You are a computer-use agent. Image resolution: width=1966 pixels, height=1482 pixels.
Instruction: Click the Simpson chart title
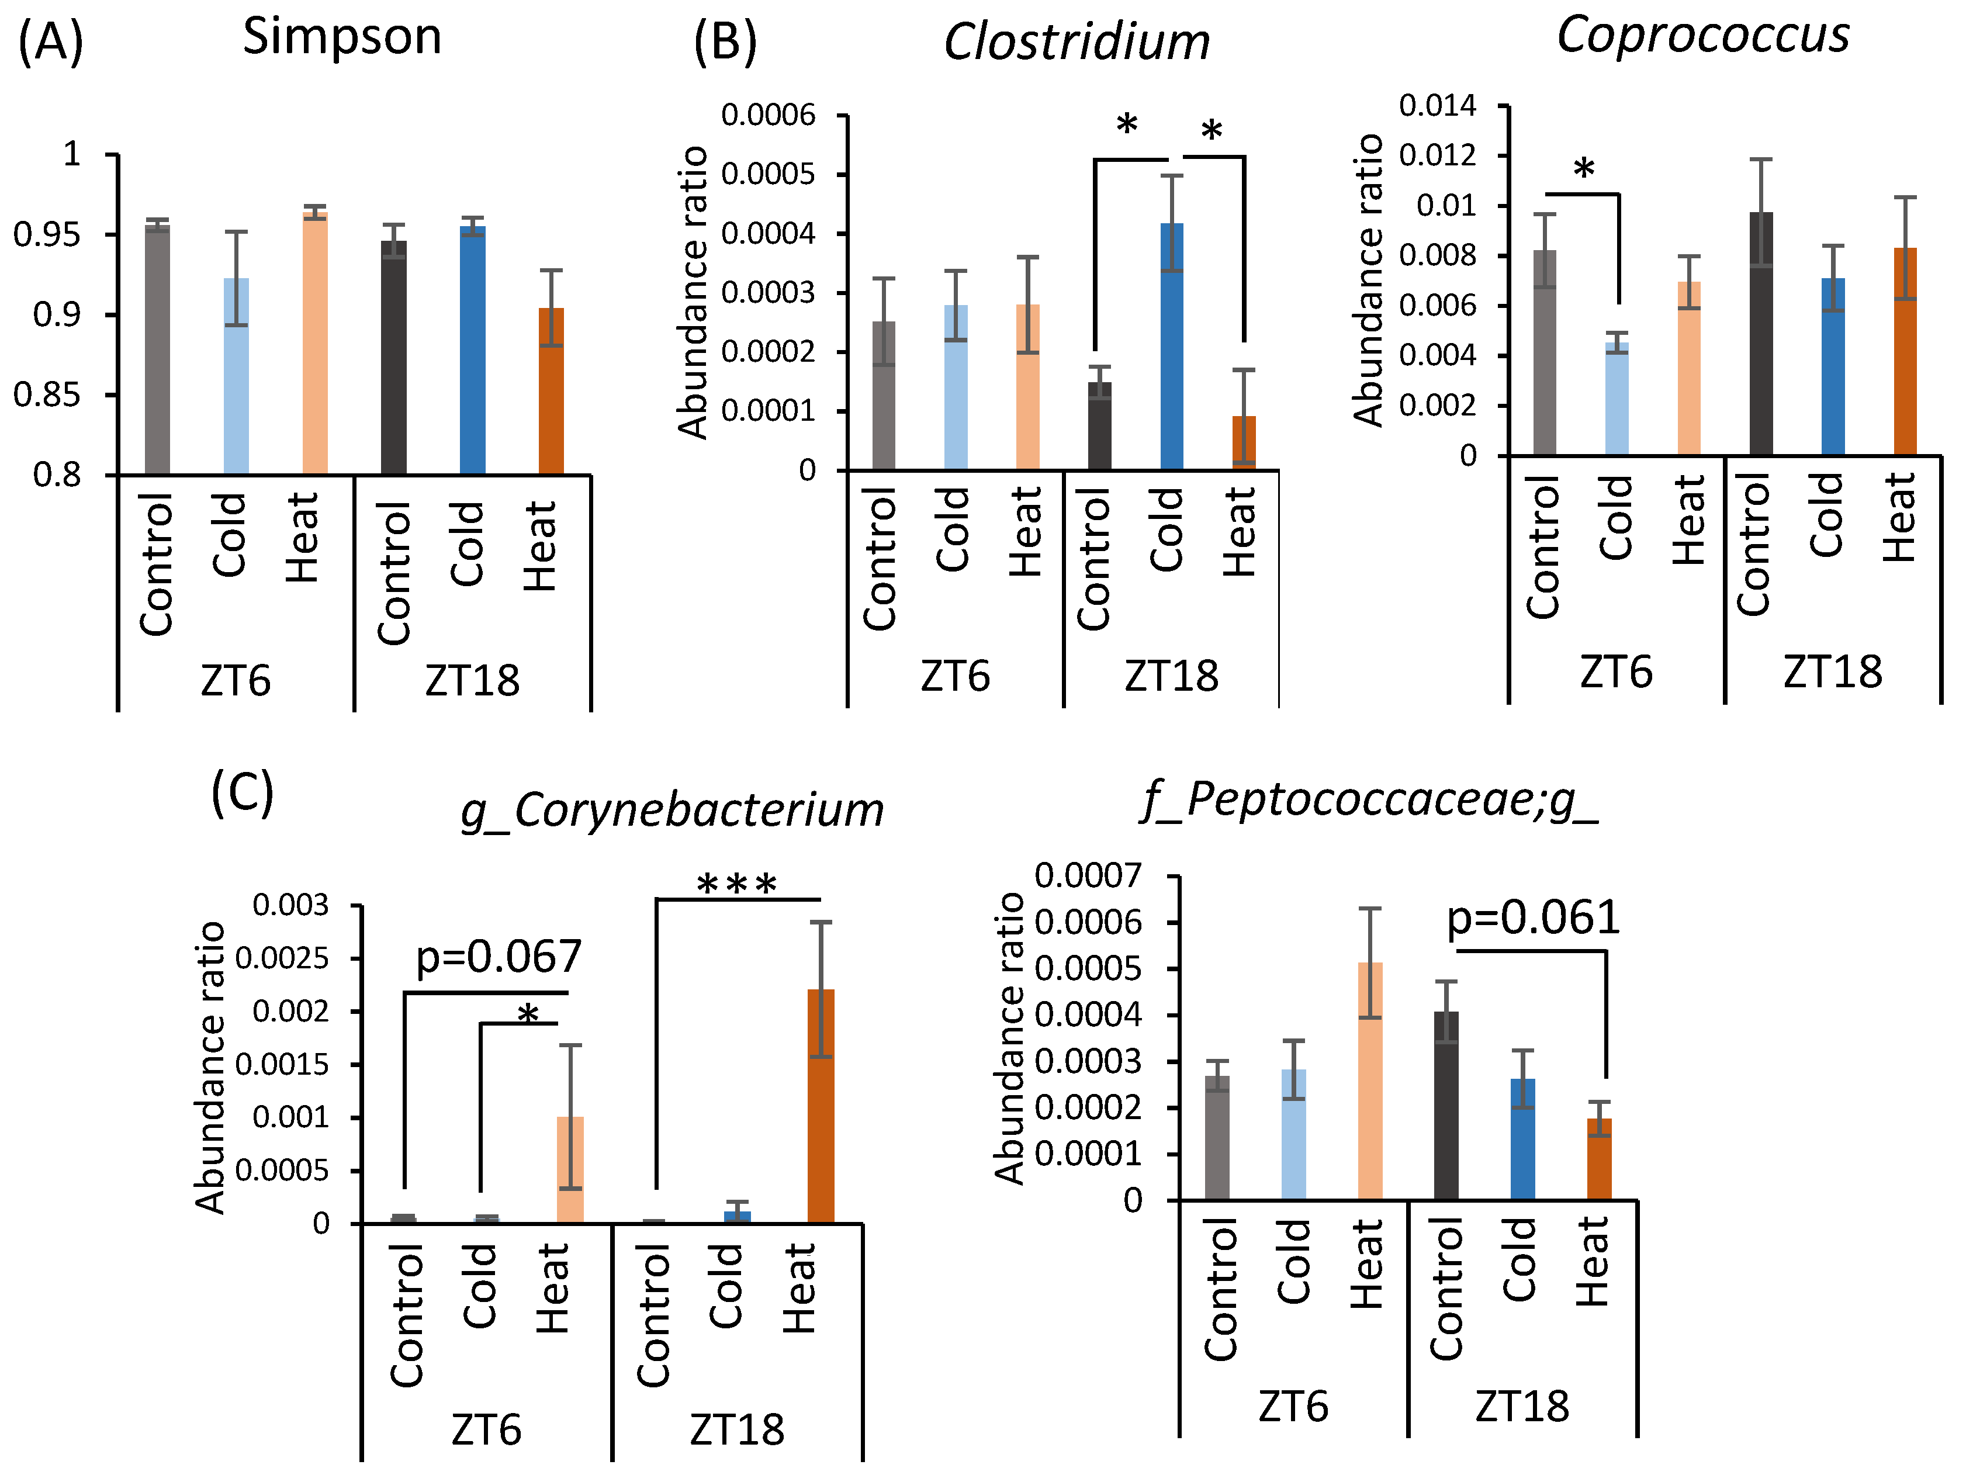tap(342, 37)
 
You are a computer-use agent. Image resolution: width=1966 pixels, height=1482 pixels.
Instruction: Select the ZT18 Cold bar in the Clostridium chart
tap(1171, 347)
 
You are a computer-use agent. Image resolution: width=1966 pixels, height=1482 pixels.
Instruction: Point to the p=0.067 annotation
tap(499, 957)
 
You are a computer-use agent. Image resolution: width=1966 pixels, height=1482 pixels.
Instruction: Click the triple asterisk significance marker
tap(737, 885)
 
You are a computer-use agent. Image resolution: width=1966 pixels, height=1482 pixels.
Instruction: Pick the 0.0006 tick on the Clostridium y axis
tap(768, 116)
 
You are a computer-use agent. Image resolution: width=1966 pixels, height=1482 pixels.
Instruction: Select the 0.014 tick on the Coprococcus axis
tap(1437, 106)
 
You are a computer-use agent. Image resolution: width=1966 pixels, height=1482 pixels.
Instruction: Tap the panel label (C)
tap(242, 792)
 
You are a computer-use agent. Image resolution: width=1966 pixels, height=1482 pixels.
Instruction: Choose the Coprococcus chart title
tap(1703, 36)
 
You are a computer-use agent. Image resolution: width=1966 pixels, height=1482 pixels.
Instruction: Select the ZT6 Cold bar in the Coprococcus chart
tap(1617, 399)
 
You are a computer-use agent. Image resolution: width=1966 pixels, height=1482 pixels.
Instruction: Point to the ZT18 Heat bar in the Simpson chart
tap(551, 391)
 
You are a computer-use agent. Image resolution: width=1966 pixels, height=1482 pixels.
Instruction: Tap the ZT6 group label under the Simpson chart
tap(236, 681)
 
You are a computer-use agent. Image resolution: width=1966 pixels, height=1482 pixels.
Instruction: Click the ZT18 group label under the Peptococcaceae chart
tap(1522, 1407)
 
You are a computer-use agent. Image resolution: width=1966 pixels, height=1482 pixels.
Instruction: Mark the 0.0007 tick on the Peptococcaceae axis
tap(1088, 876)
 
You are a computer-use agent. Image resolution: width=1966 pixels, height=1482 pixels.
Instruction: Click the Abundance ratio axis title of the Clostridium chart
tap(693, 293)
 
